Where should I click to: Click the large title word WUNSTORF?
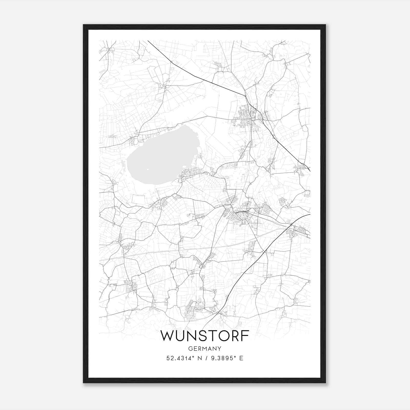pos(204,336)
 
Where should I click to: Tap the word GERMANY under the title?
pos(204,348)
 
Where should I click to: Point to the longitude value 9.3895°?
pos(222,358)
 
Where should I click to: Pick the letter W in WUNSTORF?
pos(167,336)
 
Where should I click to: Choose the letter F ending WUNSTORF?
pos(245,336)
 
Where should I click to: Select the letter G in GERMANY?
pos(190,348)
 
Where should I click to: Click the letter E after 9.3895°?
pos(241,358)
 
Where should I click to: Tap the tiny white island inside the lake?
pos(148,169)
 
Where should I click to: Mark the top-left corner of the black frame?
pos(84,25)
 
